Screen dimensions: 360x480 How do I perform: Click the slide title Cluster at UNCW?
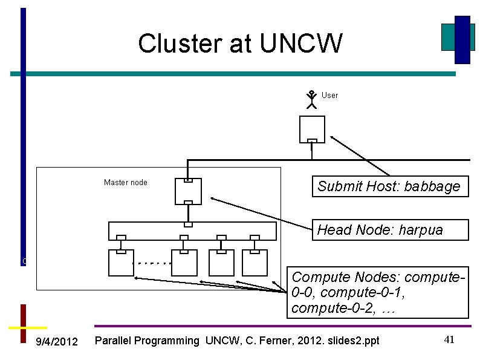point(240,44)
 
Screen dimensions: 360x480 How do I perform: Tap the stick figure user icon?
point(311,99)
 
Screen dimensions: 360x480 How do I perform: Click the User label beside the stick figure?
point(330,95)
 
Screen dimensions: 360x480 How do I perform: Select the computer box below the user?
point(312,129)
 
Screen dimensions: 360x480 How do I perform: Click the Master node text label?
point(125,182)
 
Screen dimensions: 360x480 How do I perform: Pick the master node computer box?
point(188,191)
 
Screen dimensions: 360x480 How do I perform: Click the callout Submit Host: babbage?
point(389,186)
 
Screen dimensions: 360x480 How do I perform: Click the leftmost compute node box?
point(121,263)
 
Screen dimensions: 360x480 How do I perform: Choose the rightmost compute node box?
point(254,263)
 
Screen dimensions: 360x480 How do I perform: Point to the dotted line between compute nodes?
point(152,264)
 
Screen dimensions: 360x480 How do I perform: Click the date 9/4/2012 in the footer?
point(57,342)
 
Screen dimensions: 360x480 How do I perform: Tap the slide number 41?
point(449,340)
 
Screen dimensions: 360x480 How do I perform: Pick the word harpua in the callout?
point(421,230)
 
